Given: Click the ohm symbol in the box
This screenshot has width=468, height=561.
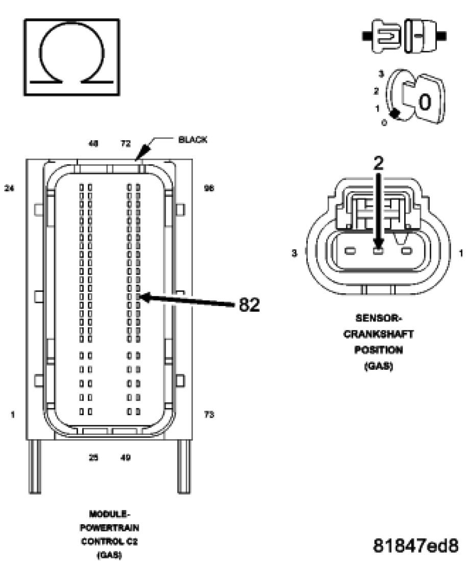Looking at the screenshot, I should [x=71, y=57].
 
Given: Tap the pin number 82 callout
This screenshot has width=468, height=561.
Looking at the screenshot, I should [x=249, y=304].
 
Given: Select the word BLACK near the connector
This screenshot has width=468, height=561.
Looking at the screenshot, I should [x=193, y=140].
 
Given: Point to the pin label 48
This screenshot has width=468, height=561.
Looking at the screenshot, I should [x=94, y=144].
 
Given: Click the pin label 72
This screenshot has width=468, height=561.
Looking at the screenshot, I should [x=126, y=144].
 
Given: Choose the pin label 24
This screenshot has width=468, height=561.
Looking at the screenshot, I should [x=9, y=188].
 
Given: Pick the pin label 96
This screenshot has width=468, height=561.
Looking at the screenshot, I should [x=209, y=188].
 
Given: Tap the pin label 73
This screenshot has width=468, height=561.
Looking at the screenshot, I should [x=209, y=415].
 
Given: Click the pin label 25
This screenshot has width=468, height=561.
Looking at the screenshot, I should [x=94, y=457].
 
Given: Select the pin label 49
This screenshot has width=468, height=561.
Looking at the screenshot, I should [x=126, y=457].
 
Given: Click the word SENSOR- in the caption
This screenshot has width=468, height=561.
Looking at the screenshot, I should [x=378, y=318].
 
